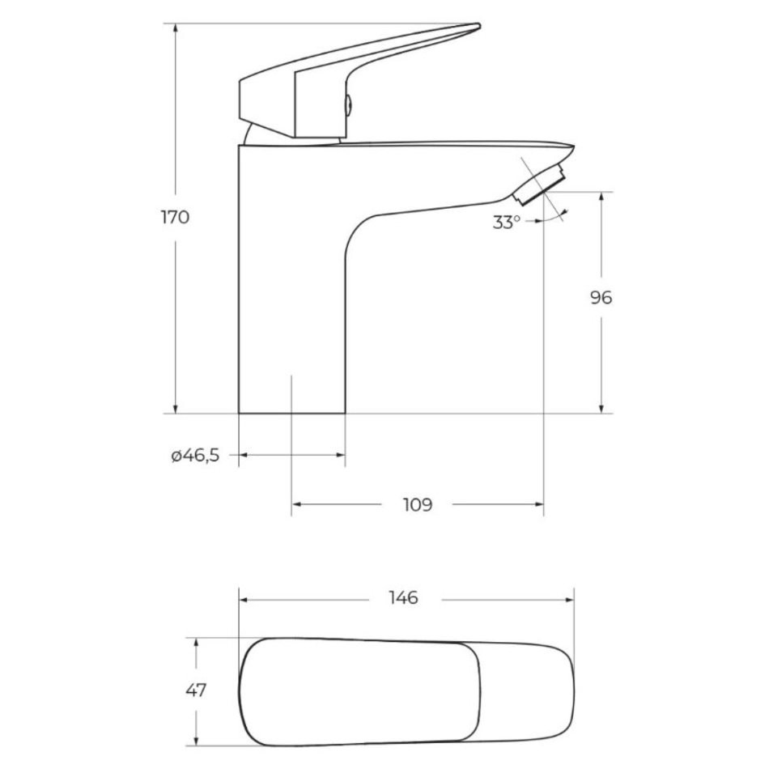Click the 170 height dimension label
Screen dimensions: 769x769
coord(175,217)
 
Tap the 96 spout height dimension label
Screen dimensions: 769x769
coord(601,298)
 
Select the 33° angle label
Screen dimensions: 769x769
coord(506,222)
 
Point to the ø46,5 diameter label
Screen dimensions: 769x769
coord(195,456)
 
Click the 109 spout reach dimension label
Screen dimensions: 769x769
coord(418,504)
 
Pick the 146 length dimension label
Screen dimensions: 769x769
coord(403,598)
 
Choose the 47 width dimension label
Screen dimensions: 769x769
coord(196,690)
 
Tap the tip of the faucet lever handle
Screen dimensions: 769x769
coord(478,26)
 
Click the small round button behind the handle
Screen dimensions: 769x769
coord(348,105)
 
